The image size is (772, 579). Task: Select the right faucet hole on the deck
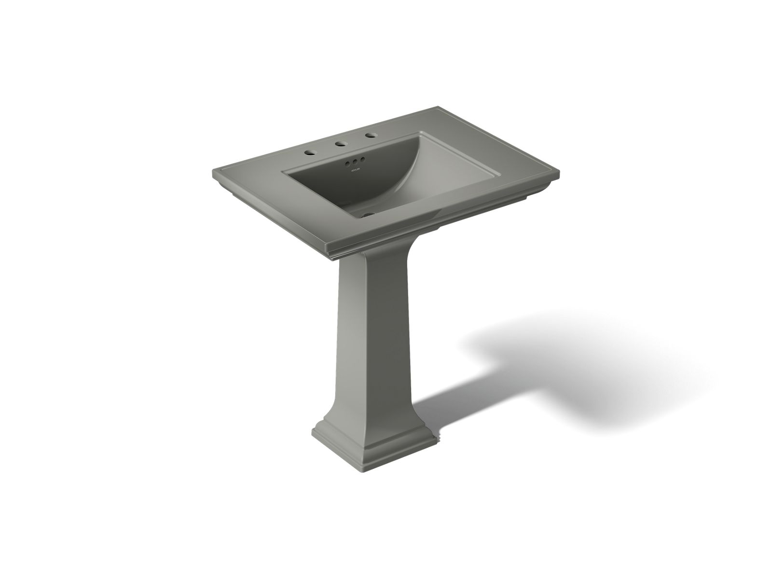tap(371, 136)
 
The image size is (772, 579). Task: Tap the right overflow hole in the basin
tap(361, 160)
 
